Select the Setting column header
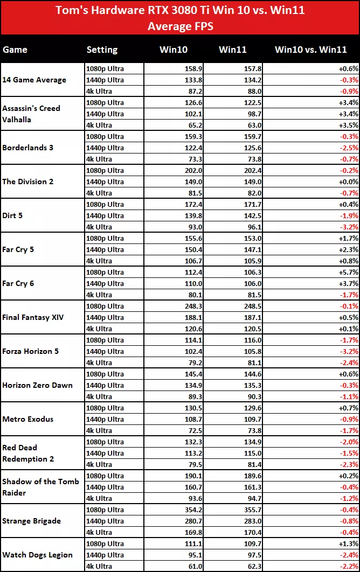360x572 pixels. coord(102,50)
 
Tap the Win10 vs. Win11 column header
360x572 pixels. coord(310,50)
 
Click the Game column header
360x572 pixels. coord(15,50)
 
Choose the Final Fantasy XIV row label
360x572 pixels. coord(33,317)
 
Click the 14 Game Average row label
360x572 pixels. coord(34,80)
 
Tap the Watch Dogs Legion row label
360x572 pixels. coord(37,555)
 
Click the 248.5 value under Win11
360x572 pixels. coord(236,306)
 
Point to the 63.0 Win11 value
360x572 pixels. coord(238,125)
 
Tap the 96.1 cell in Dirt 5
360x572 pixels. coord(238,227)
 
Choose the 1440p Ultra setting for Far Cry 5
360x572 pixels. coord(105,249)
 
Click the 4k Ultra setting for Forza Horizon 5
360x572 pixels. coord(99,362)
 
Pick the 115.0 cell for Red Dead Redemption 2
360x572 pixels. coord(236,453)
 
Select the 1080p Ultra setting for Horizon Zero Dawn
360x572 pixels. coord(105,374)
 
